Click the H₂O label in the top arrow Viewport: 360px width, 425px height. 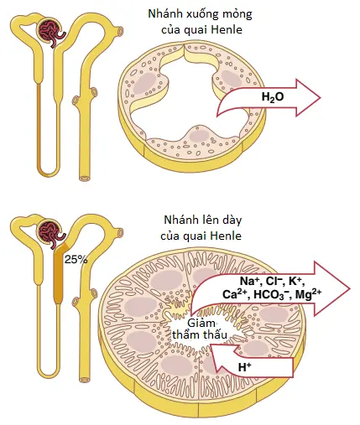pyautogui.click(x=273, y=97)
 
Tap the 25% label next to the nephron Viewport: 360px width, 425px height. pyautogui.click(x=76, y=260)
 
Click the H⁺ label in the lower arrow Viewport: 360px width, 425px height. pyautogui.click(x=244, y=367)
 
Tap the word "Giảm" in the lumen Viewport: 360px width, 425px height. pyautogui.click(x=201, y=324)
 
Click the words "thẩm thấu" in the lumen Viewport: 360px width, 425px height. pyautogui.click(x=200, y=335)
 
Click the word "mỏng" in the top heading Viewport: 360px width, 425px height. pyautogui.click(x=237, y=14)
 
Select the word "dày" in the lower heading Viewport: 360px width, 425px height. pyautogui.click(x=232, y=220)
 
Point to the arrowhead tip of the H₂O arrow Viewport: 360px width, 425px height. pyautogui.click(x=321, y=97)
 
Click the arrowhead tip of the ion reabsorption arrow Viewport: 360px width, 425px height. pyautogui.click(x=350, y=288)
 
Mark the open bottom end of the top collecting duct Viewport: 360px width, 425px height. pyautogui.click(x=84, y=178)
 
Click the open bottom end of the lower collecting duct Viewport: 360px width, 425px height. pyautogui.click(x=84, y=380)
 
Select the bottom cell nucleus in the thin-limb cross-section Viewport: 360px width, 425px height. pyautogui.click(x=199, y=136)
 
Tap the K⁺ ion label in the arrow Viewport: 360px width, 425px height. pyautogui.click(x=296, y=281)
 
